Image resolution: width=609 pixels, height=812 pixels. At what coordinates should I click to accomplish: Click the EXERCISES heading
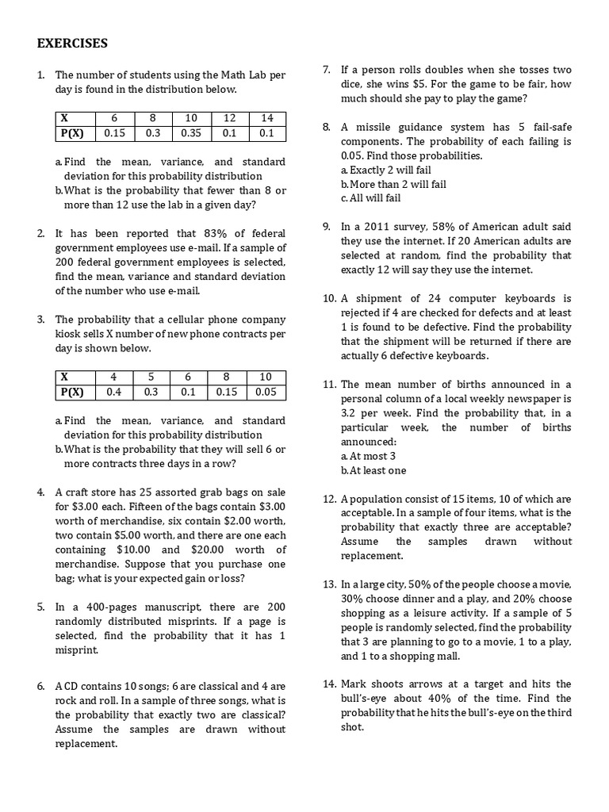click(72, 43)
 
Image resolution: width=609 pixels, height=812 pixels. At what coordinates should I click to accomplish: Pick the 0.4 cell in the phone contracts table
click(113, 392)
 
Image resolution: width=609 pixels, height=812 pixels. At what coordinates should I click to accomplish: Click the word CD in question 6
click(74, 686)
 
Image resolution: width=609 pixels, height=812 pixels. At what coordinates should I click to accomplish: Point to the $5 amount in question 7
click(434, 84)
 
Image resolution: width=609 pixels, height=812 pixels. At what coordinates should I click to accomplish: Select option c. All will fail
click(370, 198)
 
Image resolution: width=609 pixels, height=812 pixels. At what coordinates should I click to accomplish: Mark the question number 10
click(329, 298)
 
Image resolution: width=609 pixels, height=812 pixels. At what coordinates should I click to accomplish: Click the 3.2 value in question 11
click(350, 413)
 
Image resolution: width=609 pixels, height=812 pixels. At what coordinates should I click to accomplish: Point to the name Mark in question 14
click(354, 684)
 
